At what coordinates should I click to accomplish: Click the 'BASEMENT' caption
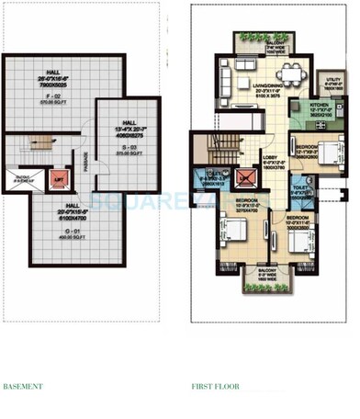click(x=23, y=387)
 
